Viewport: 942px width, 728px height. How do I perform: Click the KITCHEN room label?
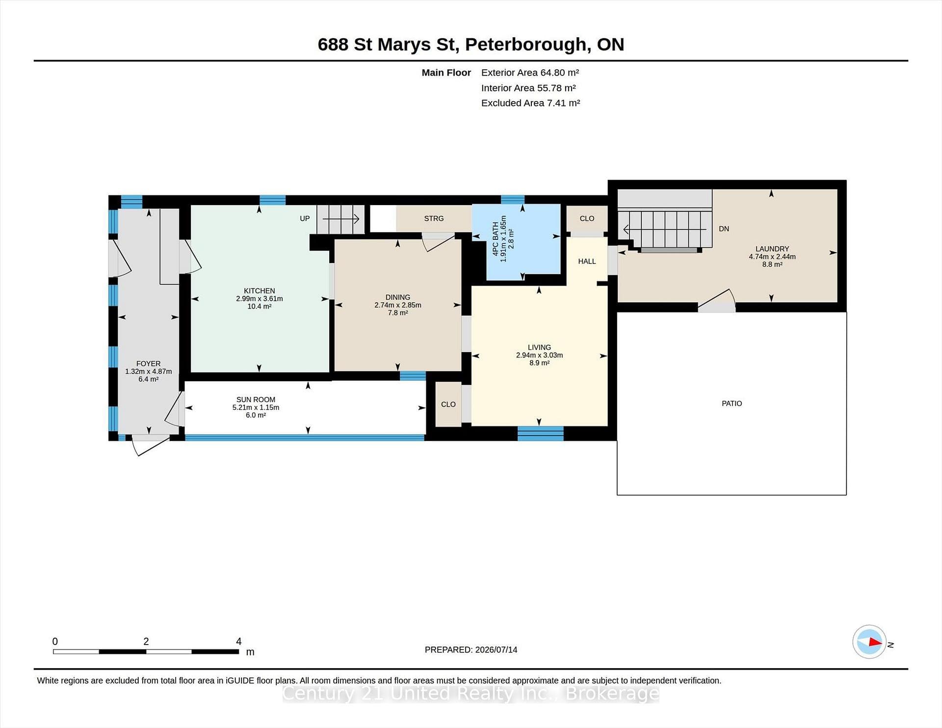coord(259,291)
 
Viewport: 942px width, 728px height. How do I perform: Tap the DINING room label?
coord(397,297)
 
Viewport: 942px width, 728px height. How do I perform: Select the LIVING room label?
coord(539,347)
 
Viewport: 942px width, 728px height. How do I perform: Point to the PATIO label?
coord(732,403)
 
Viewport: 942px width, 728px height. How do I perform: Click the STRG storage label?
coord(434,218)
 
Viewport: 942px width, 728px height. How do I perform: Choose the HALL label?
coord(587,261)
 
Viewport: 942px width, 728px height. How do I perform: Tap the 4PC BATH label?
coord(496,238)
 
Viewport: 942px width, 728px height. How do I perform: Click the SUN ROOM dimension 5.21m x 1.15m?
coord(256,407)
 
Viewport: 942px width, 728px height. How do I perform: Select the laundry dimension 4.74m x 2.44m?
coord(772,257)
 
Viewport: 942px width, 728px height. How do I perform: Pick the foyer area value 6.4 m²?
coord(148,379)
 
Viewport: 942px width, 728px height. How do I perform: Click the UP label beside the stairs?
coord(305,218)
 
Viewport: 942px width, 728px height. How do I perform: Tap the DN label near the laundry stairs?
coord(724,229)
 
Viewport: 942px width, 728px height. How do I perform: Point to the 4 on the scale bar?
coord(238,641)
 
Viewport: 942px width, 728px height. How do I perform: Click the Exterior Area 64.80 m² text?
coord(530,73)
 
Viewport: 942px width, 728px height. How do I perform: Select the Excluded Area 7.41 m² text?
coord(530,103)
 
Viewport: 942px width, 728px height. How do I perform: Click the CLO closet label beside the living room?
coord(448,404)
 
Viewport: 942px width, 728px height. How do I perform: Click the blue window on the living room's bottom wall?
coord(540,433)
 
